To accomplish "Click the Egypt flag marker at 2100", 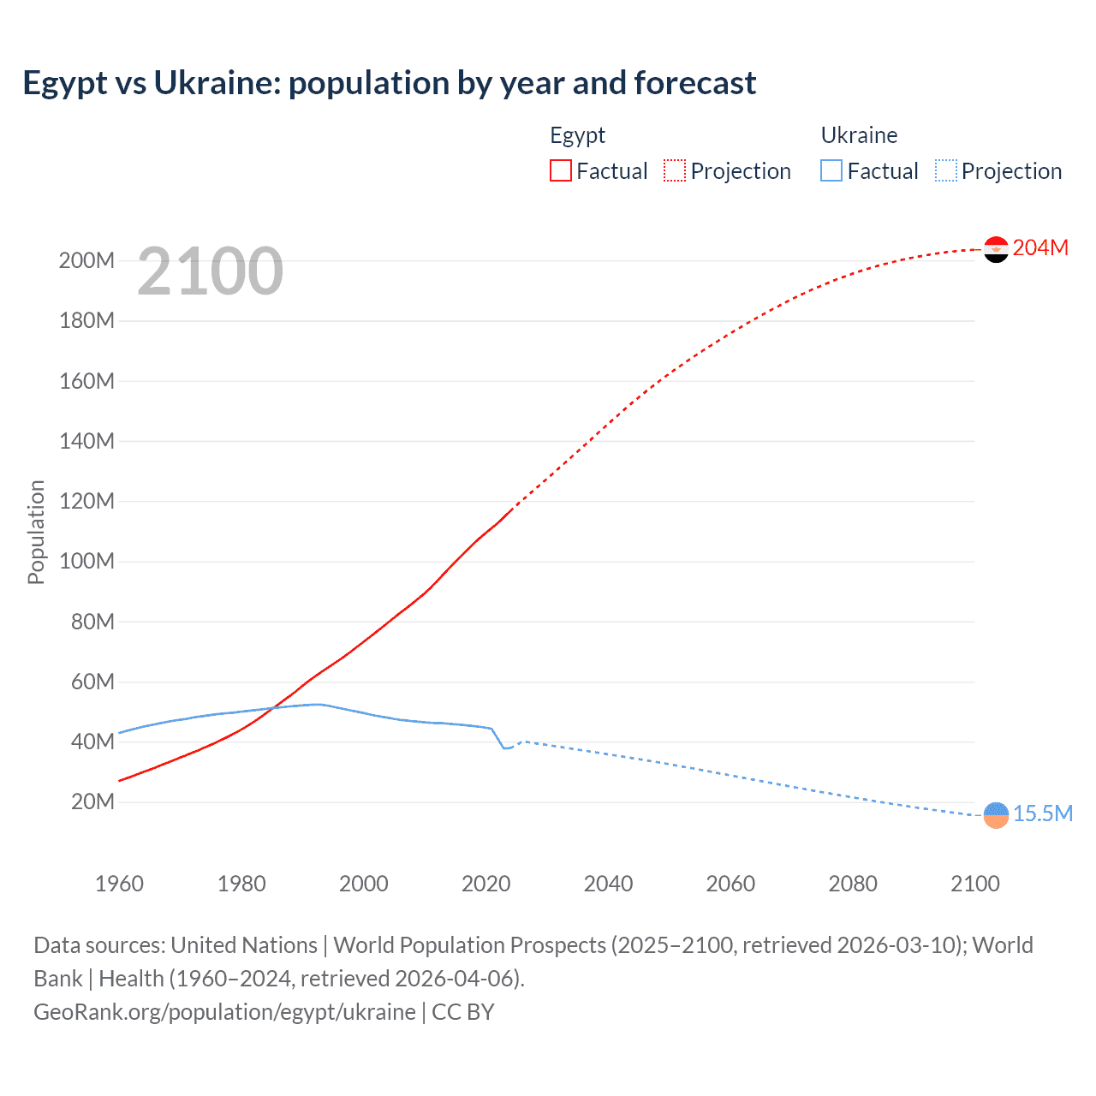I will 996,249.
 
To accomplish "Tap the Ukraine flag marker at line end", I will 996,815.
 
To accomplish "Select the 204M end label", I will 1040,247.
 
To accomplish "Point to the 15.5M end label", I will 1043,813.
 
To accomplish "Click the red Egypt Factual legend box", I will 560,170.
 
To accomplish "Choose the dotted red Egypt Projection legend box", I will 675,170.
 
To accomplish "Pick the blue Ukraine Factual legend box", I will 831,170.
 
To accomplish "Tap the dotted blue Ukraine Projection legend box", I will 945,170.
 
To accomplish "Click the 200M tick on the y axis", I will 86,260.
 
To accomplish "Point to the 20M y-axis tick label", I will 92,802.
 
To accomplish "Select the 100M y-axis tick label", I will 86,562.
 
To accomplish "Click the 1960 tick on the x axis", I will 119,884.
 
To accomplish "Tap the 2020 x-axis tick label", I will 485,884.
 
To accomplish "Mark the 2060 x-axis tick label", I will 730,884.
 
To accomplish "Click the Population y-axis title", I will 36,532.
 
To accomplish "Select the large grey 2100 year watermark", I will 210,271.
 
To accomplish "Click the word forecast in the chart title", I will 694,83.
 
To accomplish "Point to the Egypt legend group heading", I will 577,135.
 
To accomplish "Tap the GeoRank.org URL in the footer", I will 224,1012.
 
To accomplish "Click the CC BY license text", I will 463,1012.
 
